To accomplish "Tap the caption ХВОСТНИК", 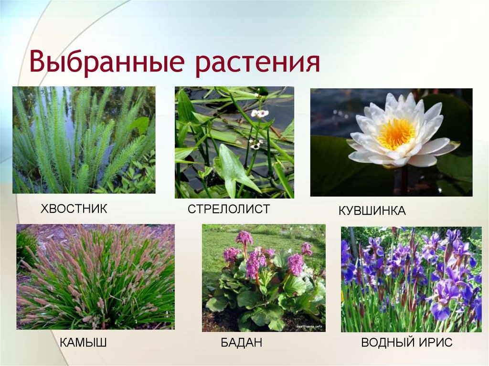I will coord(74,209).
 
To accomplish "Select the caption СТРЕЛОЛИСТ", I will coord(229,209).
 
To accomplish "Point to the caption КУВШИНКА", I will coord(372,210).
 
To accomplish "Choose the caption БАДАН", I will coord(241,342).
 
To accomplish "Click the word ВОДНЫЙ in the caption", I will coord(386,342).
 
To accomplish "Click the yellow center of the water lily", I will coord(396,133).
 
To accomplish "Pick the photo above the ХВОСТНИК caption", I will coord(84,140).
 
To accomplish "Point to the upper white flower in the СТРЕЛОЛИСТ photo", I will coord(260,113).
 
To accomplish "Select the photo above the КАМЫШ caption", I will coord(96,277).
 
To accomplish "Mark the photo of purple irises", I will coord(411,279).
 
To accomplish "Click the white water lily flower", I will coord(401,131).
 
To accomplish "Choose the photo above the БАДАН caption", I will coord(264,278).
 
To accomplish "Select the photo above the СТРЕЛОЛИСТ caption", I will coord(234,142).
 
